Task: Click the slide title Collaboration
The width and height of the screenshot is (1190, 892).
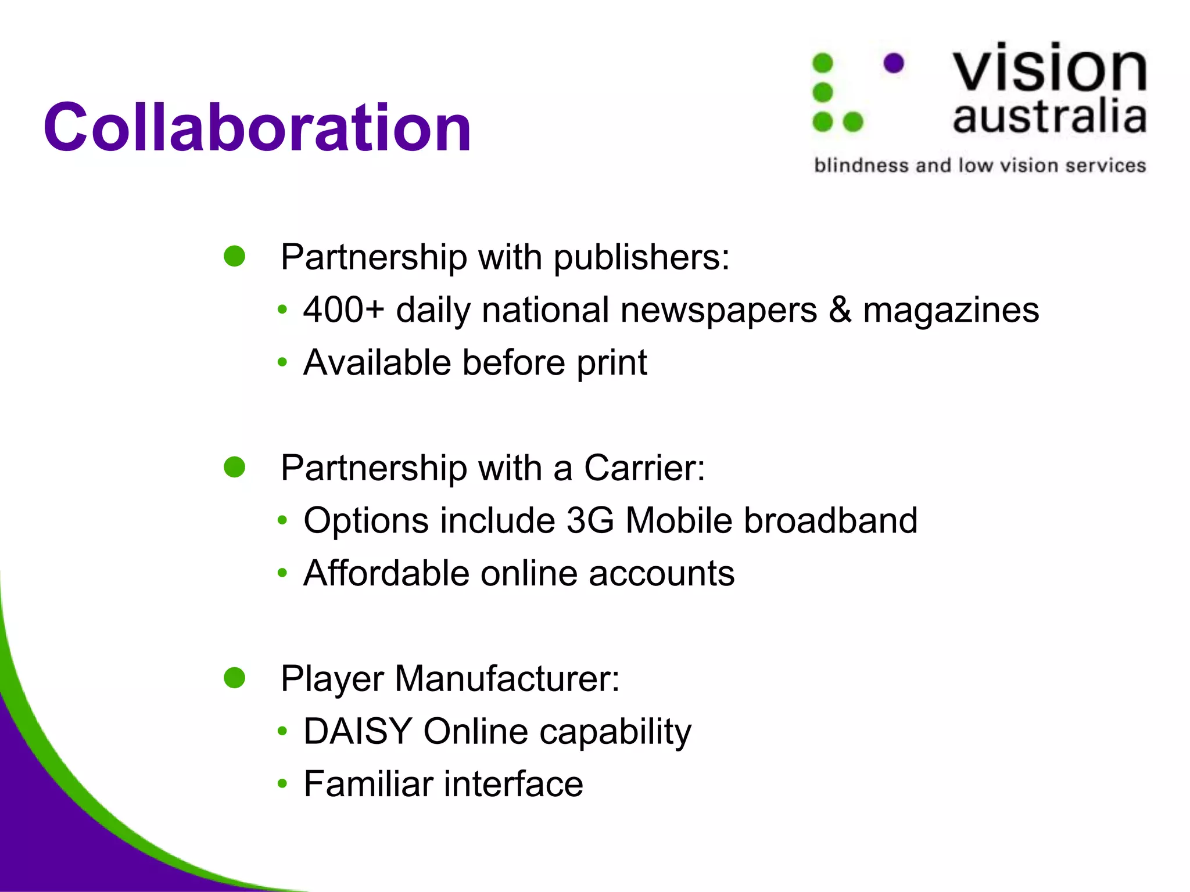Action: pos(257,127)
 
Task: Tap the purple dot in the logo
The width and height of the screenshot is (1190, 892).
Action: pos(894,63)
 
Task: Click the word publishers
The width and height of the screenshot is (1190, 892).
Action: pos(640,257)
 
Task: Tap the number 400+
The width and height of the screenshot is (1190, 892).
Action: pos(343,310)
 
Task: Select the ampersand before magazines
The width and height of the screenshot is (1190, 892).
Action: pos(840,310)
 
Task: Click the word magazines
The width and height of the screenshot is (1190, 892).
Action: pos(951,311)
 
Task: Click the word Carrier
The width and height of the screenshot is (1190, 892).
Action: pos(644,468)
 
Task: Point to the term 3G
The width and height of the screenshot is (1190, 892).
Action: pos(590,520)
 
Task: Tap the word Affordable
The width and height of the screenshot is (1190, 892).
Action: pos(386,573)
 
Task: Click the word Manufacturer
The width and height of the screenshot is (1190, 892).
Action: pos(507,678)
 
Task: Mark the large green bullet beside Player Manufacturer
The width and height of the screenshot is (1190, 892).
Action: pos(235,677)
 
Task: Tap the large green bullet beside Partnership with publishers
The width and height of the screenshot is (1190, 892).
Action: pos(235,256)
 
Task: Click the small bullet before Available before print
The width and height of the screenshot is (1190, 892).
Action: pos(282,363)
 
